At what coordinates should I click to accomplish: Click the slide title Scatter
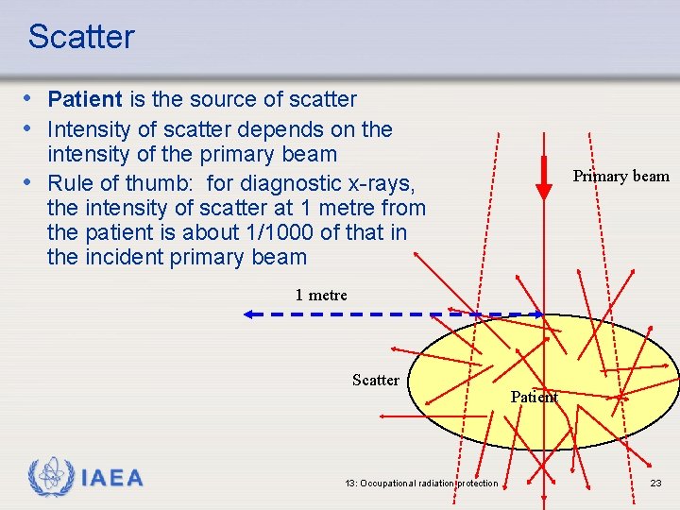tap(81, 37)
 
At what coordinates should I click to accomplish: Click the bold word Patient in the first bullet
tap(85, 99)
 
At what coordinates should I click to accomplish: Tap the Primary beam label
tap(620, 176)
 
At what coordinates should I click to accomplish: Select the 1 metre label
tap(321, 295)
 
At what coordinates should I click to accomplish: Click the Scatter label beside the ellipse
tap(375, 380)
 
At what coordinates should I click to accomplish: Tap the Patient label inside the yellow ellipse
tap(535, 397)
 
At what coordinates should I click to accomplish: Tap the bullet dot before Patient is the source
tap(31, 99)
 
